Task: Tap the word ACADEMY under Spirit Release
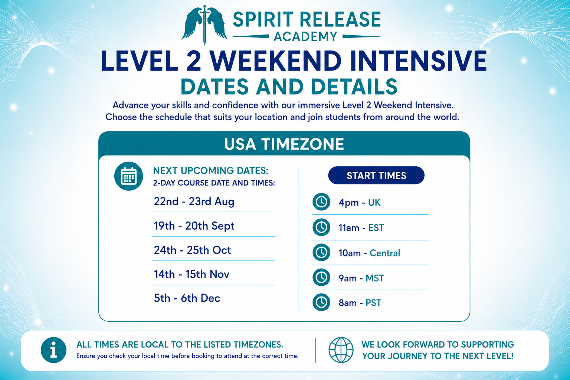point(305,37)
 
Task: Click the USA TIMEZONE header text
point(284,144)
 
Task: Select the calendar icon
point(128,176)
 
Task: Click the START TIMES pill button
point(376,176)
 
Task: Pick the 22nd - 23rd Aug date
point(194,202)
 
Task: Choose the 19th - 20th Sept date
point(194,226)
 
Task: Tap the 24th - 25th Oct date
point(192,250)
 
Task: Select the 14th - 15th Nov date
point(191,274)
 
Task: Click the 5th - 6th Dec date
point(187,298)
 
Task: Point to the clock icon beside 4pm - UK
point(321,202)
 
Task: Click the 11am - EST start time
point(361,228)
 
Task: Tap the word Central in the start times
point(385,253)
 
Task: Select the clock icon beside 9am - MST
point(321,277)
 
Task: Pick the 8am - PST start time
point(360,303)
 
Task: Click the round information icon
point(53,350)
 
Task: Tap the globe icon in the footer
point(341,350)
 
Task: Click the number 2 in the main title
point(194,61)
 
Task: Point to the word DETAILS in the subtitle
point(354,86)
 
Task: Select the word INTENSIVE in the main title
point(418,61)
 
